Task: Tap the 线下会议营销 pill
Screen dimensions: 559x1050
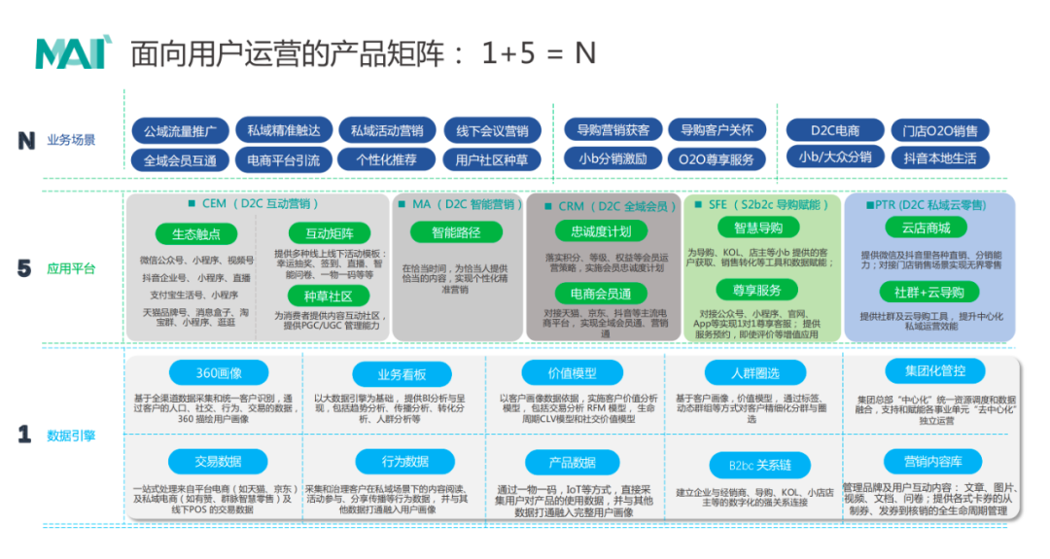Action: point(493,131)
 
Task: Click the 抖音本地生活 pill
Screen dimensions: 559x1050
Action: point(939,158)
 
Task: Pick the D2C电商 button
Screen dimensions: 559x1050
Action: point(835,130)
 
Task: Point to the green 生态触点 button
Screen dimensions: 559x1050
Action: point(196,234)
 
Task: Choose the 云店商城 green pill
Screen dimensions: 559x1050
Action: point(925,227)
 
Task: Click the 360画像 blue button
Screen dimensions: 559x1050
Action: point(219,372)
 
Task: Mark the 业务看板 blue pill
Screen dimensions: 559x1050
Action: point(402,375)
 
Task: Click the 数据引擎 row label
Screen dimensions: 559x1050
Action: point(71,436)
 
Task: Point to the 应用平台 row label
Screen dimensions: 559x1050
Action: point(71,269)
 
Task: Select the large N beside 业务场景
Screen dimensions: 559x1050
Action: point(26,141)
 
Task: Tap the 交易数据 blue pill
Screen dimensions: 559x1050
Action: point(218,462)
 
